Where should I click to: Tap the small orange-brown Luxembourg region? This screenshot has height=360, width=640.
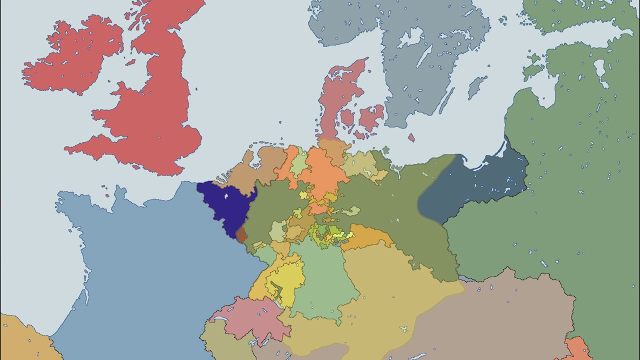click(241, 234)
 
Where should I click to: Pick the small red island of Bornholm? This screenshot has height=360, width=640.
click(411, 137)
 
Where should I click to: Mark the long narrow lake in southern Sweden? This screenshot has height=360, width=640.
click(424, 56)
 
